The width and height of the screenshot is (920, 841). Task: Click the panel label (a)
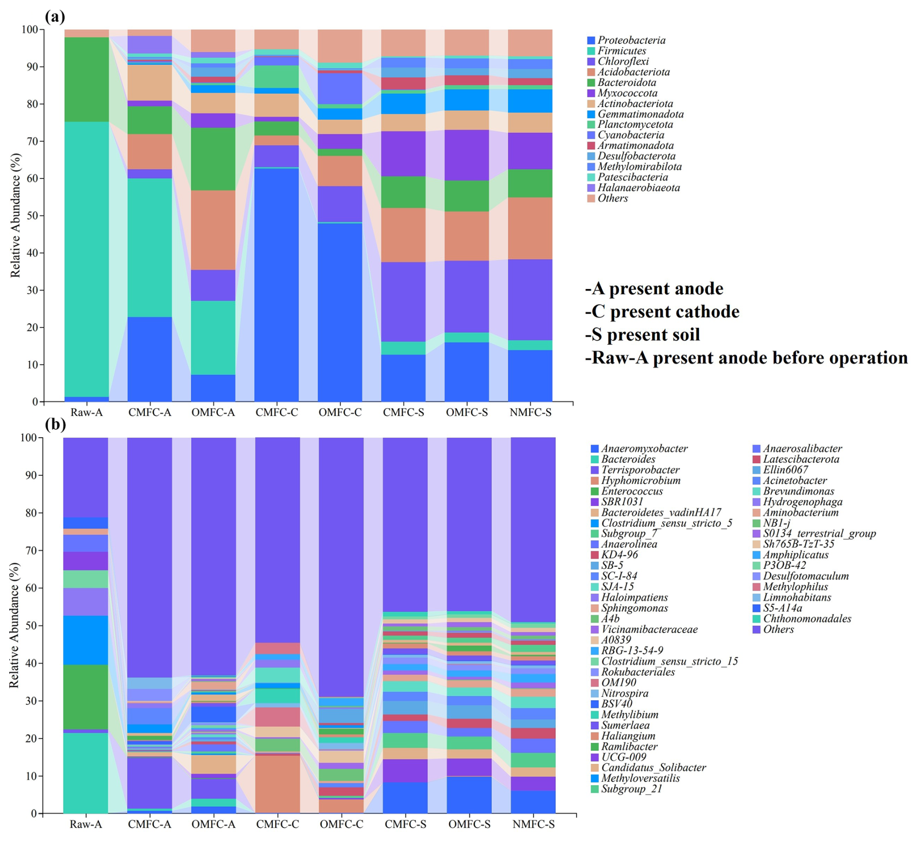pyautogui.click(x=55, y=17)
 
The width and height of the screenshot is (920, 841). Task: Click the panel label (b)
pyautogui.click(x=55, y=425)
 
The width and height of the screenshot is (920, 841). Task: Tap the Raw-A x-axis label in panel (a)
pyautogui.click(x=87, y=413)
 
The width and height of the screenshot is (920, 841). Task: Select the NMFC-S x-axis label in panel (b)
pyautogui.click(x=533, y=824)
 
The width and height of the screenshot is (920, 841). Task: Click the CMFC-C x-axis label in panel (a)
pyautogui.click(x=277, y=413)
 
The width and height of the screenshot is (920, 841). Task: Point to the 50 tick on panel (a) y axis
pyautogui.click(x=31, y=216)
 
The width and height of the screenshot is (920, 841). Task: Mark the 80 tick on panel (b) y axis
pyautogui.click(x=31, y=513)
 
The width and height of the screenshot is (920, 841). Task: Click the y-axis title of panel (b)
pyautogui.click(x=14, y=625)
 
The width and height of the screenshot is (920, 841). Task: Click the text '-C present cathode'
pyautogui.click(x=662, y=312)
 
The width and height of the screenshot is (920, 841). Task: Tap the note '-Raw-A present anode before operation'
pyautogui.click(x=746, y=358)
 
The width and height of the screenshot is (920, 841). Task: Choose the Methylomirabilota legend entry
pyautogui.click(x=639, y=167)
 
